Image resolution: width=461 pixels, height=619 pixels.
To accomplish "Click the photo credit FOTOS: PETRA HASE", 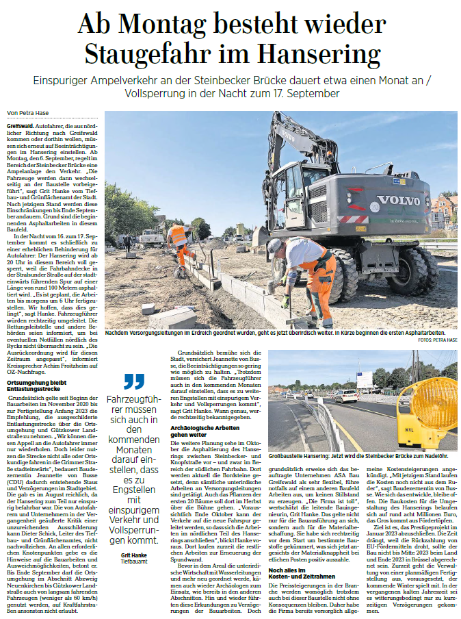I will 436,339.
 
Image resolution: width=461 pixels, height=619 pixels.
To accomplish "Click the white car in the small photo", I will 365,396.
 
